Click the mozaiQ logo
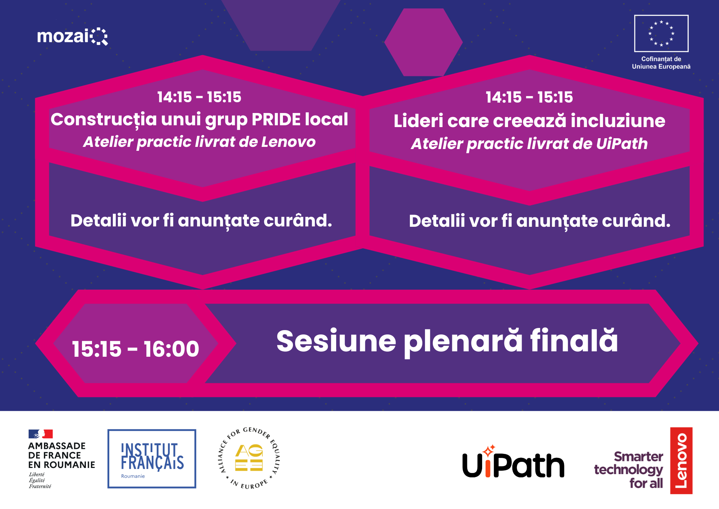pyautogui.click(x=72, y=36)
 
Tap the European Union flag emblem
pyautogui.click(x=661, y=33)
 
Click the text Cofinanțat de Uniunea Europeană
pyautogui.click(x=661, y=63)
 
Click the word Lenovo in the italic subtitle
pyautogui.click(x=288, y=142)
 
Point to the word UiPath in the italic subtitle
pyautogui.click(x=622, y=144)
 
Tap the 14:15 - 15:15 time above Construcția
pyautogui.click(x=199, y=97)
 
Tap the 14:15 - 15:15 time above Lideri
pyautogui.click(x=529, y=97)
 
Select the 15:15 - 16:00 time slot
pyautogui.click(x=136, y=349)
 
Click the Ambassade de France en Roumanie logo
pyautogui.click(x=61, y=459)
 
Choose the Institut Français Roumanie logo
pyautogui.click(x=152, y=459)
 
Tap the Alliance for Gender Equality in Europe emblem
pyautogui.click(x=249, y=458)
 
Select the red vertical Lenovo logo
pyautogui.click(x=681, y=461)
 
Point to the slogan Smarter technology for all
pyautogui.click(x=628, y=470)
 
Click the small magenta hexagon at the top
pyautogui.click(x=423, y=42)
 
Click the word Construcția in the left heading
pyautogui.click(x=104, y=120)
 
